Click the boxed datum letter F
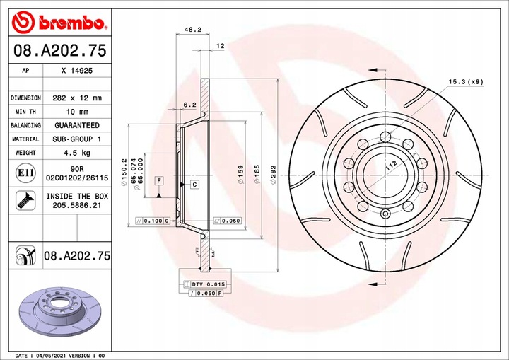[x=159, y=181]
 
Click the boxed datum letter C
[x=193, y=184]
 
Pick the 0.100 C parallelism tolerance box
[x=153, y=221]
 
